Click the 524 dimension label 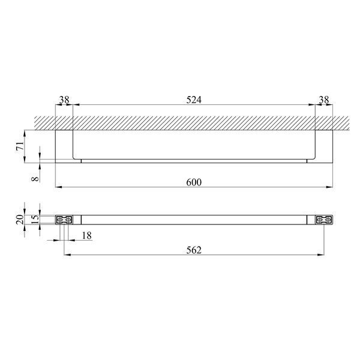tap(194, 100)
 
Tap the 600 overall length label tap(194, 182)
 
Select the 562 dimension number tap(194, 250)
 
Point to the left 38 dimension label tap(64, 100)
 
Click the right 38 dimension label tap(324, 100)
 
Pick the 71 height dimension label tap(20, 146)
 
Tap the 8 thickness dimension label tap(35, 178)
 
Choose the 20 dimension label tap(20, 220)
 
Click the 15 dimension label tap(35, 220)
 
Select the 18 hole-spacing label tap(87, 236)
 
